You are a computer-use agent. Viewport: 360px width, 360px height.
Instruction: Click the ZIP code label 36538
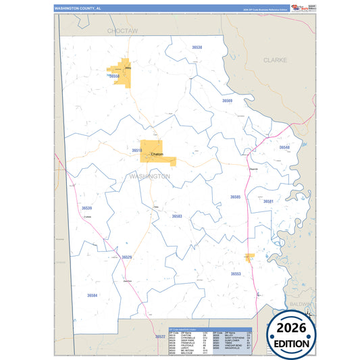pyautogui.click(x=197, y=48)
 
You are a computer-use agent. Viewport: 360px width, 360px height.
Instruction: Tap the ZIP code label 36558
pyautogui.click(x=114, y=77)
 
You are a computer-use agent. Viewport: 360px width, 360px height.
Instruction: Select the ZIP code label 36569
pyautogui.click(x=228, y=101)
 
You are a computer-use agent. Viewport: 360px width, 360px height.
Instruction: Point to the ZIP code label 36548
pyautogui.click(x=284, y=147)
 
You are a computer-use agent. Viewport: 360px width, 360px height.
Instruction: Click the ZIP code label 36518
pyautogui.click(x=136, y=151)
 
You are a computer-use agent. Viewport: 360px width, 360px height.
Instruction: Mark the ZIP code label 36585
pyautogui.click(x=235, y=197)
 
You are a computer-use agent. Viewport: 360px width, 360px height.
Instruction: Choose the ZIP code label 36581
pyautogui.click(x=268, y=201)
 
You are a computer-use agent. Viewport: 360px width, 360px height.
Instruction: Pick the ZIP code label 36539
pyautogui.click(x=86, y=208)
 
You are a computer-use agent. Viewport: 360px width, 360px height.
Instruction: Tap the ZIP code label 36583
pyautogui.click(x=177, y=216)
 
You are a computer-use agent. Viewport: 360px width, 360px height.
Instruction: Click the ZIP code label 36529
pyautogui.click(x=127, y=257)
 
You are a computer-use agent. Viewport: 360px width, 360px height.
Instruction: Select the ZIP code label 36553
pyautogui.click(x=236, y=274)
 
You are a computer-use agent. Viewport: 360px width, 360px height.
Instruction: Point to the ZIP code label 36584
pyautogui.click(x=92, y=295)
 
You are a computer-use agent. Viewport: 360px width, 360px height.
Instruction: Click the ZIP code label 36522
pyautogui.click(x=160, y=336)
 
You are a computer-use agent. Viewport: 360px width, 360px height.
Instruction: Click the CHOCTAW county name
pyautogui.click(x=122, y=31)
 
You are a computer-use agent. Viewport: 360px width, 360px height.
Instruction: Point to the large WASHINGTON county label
pyautogui.click(x=149, y=176)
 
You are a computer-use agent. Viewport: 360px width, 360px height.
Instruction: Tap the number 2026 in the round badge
pyautogui.click(x=290, y=328)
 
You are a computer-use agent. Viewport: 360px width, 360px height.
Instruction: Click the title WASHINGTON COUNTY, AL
pyautogui.click(x=78, y=8)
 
